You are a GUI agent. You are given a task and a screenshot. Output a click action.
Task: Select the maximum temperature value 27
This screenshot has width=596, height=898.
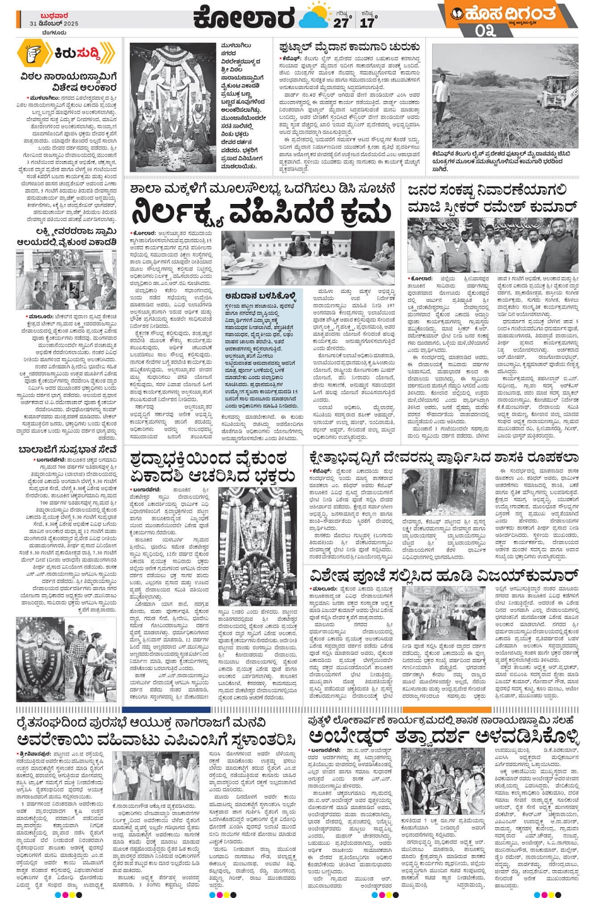[x=341, y=22]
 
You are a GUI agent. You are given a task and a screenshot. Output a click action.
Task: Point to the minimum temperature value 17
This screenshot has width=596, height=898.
[x=367, y=22]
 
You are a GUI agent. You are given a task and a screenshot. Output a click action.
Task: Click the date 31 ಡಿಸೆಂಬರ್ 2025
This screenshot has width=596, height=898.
[x=54, y=23]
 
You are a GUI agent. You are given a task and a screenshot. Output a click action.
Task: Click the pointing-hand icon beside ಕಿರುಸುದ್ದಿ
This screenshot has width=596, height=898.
[x=35, y=54]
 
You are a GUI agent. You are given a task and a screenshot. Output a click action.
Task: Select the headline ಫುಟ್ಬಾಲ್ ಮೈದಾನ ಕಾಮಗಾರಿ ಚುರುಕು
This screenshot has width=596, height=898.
[x=349, y=47]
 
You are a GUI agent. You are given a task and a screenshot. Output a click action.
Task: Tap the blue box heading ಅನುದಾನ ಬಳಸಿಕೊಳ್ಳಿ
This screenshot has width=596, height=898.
[x=260, y=295]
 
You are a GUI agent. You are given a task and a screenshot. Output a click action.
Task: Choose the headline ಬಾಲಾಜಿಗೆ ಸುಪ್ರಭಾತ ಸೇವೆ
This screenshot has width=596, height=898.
[x=67, y=450]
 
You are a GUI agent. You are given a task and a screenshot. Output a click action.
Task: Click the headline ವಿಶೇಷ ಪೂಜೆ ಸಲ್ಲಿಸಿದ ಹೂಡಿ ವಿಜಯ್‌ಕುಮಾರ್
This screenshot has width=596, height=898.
[x=443, y=575]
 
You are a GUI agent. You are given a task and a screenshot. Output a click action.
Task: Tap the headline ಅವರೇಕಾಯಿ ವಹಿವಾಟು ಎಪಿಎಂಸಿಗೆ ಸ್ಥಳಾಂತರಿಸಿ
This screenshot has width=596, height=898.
[x=156, y=739]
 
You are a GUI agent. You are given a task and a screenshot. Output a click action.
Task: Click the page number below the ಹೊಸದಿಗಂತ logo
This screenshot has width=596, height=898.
[x=484, y=30]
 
